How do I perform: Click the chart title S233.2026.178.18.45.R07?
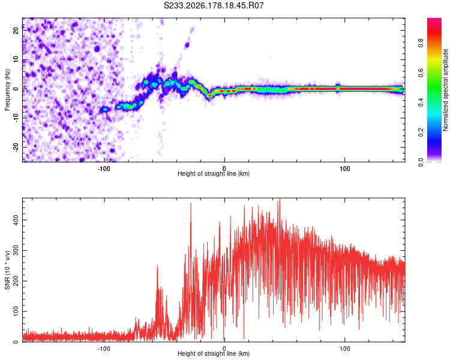214,5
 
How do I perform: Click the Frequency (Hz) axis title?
7,90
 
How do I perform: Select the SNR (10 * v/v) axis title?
7,270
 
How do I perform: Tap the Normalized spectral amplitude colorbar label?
445,90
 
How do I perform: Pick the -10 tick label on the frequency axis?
16,118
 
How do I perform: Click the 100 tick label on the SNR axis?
16,311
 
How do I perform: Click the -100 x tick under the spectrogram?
104,169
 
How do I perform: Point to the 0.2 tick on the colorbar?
421,132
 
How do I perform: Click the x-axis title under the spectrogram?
214,173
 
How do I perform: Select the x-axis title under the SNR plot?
214,353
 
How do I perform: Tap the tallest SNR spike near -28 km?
191,203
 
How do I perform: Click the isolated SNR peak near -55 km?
157,266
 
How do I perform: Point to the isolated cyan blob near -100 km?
106,109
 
